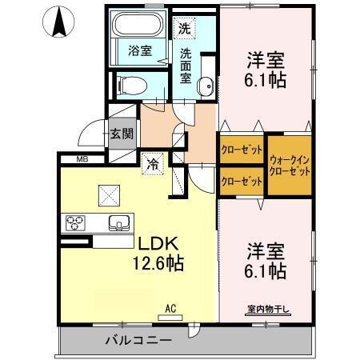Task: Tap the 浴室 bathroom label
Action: point(140,50)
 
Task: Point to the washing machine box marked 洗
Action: point(185,26)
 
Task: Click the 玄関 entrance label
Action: point(122,133)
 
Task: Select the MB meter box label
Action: point(82,159)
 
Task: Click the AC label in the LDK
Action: point(170,307)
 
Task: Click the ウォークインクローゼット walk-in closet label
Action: point(289,166)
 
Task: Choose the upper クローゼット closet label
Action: point(241,150)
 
